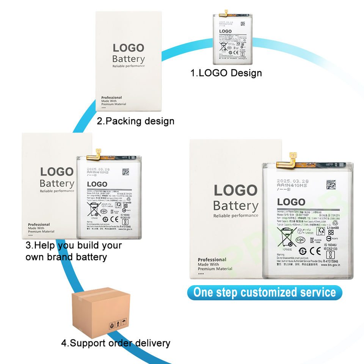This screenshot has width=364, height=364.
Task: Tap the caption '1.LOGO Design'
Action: pos(226,73)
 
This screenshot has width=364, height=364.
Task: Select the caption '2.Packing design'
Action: pos(135,121)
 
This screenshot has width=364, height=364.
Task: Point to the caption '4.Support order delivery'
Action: pos(116,343)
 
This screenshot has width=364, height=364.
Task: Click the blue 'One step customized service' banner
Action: pos(264,293)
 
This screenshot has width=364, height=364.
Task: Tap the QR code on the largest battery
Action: pos(331,185)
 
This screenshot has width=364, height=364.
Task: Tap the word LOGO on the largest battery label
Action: pos(291,202)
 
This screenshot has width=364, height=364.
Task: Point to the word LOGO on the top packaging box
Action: pos(129,48)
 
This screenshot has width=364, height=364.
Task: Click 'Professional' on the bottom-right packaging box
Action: pos(212,260)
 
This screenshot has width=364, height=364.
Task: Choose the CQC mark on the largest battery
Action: pos(301,240)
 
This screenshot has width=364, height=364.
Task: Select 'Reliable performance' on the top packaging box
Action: pos(129,66)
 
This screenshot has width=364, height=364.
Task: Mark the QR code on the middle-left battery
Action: pos(126,171)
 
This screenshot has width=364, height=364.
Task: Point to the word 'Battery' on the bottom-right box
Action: pos(235,206)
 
